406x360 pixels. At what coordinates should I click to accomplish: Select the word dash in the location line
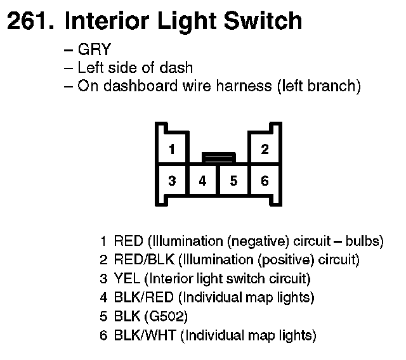coord(179,68)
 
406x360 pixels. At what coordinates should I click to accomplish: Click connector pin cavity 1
coord(172,150)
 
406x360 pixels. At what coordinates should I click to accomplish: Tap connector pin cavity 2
coord(265,150)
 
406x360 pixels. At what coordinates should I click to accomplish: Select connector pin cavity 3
coord(172,181)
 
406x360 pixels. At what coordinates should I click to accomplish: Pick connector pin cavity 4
coord(202,181)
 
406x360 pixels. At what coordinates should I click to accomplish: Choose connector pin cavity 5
coord(233,181)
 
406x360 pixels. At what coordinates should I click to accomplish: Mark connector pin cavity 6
coord(265,181)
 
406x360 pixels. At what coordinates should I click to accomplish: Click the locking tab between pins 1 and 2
coord(218,157)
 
